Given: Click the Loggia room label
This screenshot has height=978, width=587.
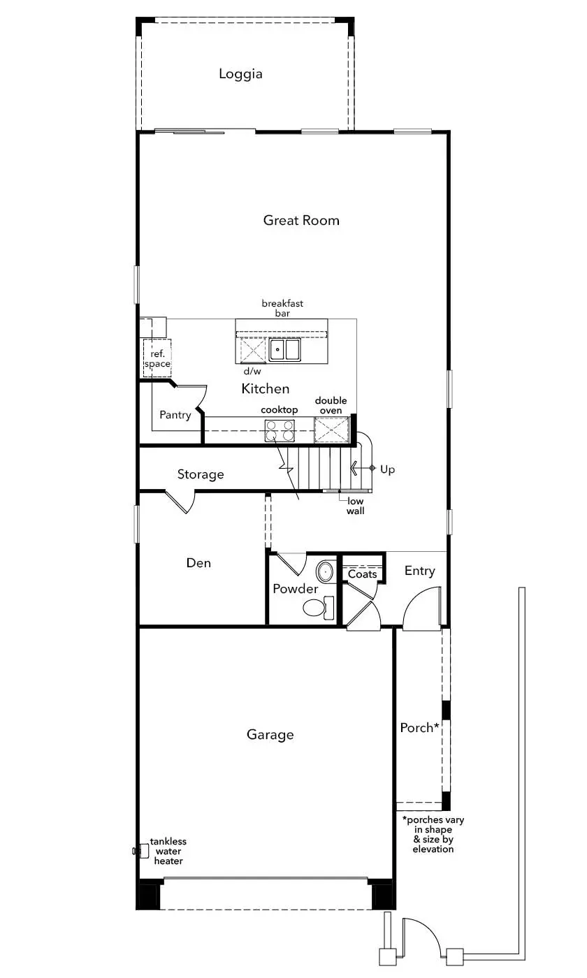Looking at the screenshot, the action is point(240,74).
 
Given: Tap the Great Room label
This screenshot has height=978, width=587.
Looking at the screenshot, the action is point(301,220).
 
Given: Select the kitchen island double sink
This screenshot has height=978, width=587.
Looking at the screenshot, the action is point(284,350).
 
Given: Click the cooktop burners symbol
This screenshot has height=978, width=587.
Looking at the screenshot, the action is point(280,430).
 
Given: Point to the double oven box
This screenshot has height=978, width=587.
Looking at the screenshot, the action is point(332,430).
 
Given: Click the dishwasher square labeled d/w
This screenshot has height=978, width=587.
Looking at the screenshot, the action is point(252,351).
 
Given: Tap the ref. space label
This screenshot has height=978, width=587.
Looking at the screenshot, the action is point(157,358).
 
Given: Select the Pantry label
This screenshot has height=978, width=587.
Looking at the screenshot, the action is point(175,415).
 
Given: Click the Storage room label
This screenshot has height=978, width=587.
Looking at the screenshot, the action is point(201,474).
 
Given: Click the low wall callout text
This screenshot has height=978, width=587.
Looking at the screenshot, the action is point(355,506).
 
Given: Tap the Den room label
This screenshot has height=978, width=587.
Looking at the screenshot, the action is point(198,563).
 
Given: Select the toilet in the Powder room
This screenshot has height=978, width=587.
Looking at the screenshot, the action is point(319,607).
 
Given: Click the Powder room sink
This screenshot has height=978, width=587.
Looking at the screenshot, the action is point(325,571).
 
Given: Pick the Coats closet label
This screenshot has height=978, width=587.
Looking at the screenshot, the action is point(362,574).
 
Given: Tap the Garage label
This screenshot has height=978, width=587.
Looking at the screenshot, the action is point(270,734).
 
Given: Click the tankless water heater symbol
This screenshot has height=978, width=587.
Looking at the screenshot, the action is point(140,851).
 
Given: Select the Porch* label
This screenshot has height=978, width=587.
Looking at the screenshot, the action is point(419,727).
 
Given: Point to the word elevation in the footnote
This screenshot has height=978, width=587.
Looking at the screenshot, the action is point(433,849).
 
